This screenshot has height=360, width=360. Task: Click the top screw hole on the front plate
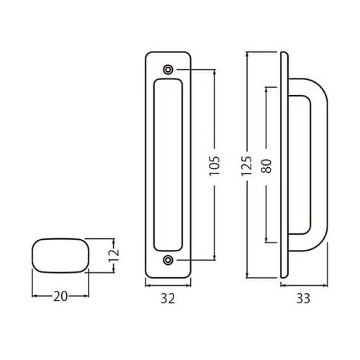point(168,70)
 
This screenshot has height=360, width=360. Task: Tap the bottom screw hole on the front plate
point(168,260)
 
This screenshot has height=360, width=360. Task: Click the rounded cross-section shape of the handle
point(60,255)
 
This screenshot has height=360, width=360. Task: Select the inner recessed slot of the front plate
point(168,165)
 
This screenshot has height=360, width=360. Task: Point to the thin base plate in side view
point(285,165)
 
